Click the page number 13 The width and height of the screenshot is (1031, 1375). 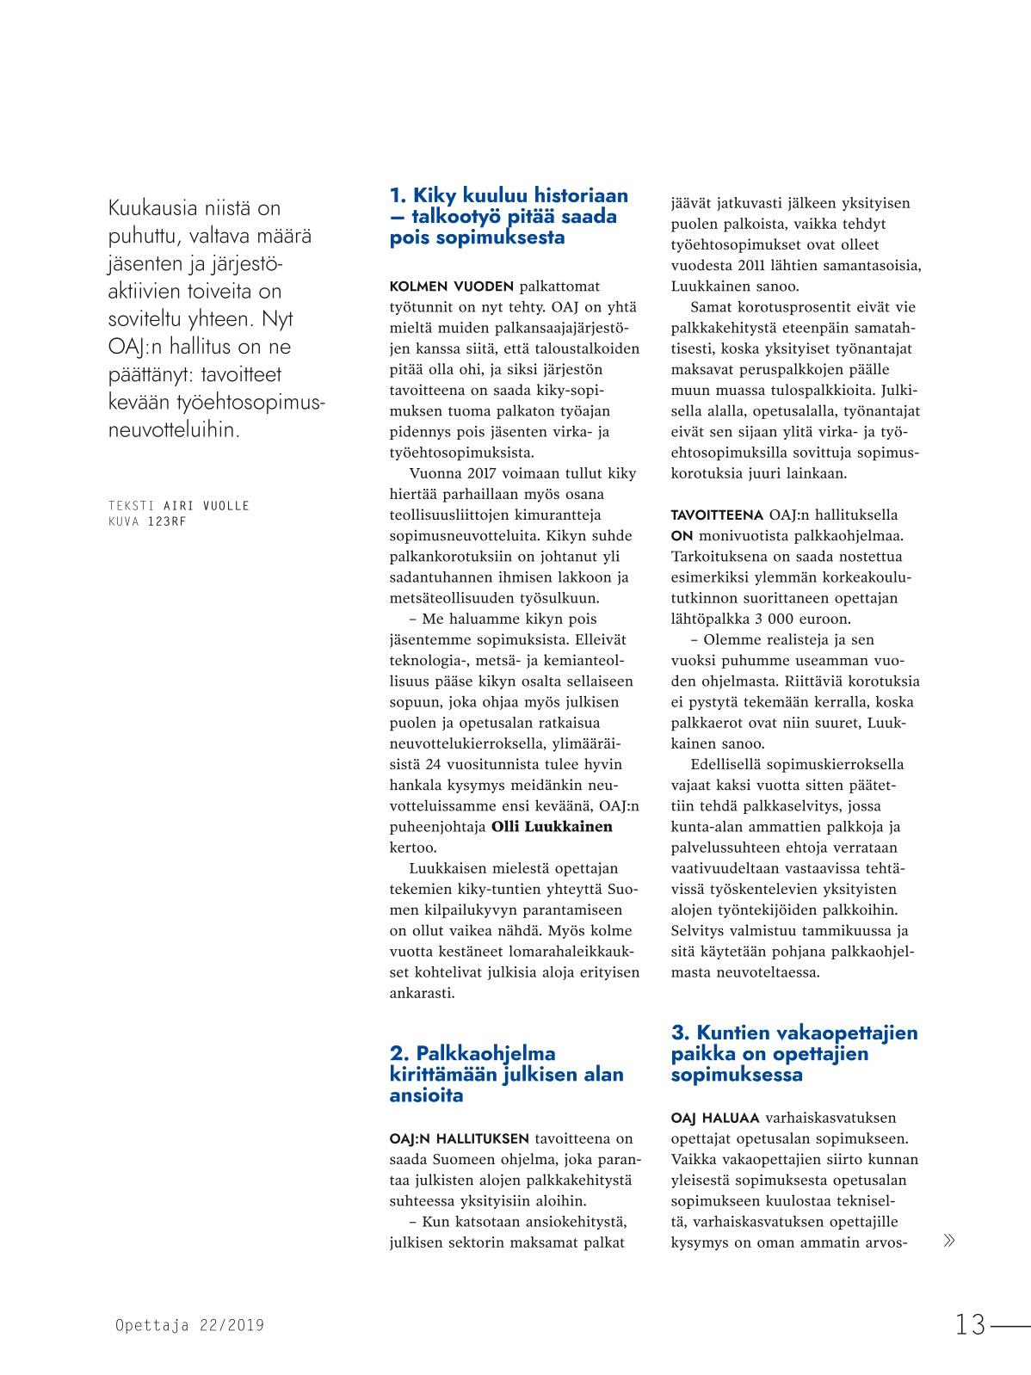[x=970, y=1324]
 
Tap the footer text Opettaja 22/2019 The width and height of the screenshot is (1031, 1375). [x=189, y=1326]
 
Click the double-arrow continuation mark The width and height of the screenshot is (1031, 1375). [x=949, y=1240]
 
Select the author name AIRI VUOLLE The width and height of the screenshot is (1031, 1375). [x=207, y=506]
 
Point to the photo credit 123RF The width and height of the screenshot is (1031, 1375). [x=167, y=521]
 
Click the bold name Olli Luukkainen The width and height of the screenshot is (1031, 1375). [x=552, y=827]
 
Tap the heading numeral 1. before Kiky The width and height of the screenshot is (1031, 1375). [x=398, y=196]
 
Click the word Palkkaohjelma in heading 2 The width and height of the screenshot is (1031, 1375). [x=485, y=1053]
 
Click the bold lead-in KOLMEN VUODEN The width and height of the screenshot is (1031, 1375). [x=451, y=287]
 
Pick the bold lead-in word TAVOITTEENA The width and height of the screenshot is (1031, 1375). [x=717, y=515]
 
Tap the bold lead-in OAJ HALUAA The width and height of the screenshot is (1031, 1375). [x=715, y=1119]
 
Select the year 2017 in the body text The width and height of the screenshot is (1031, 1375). [x=486, y=473]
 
